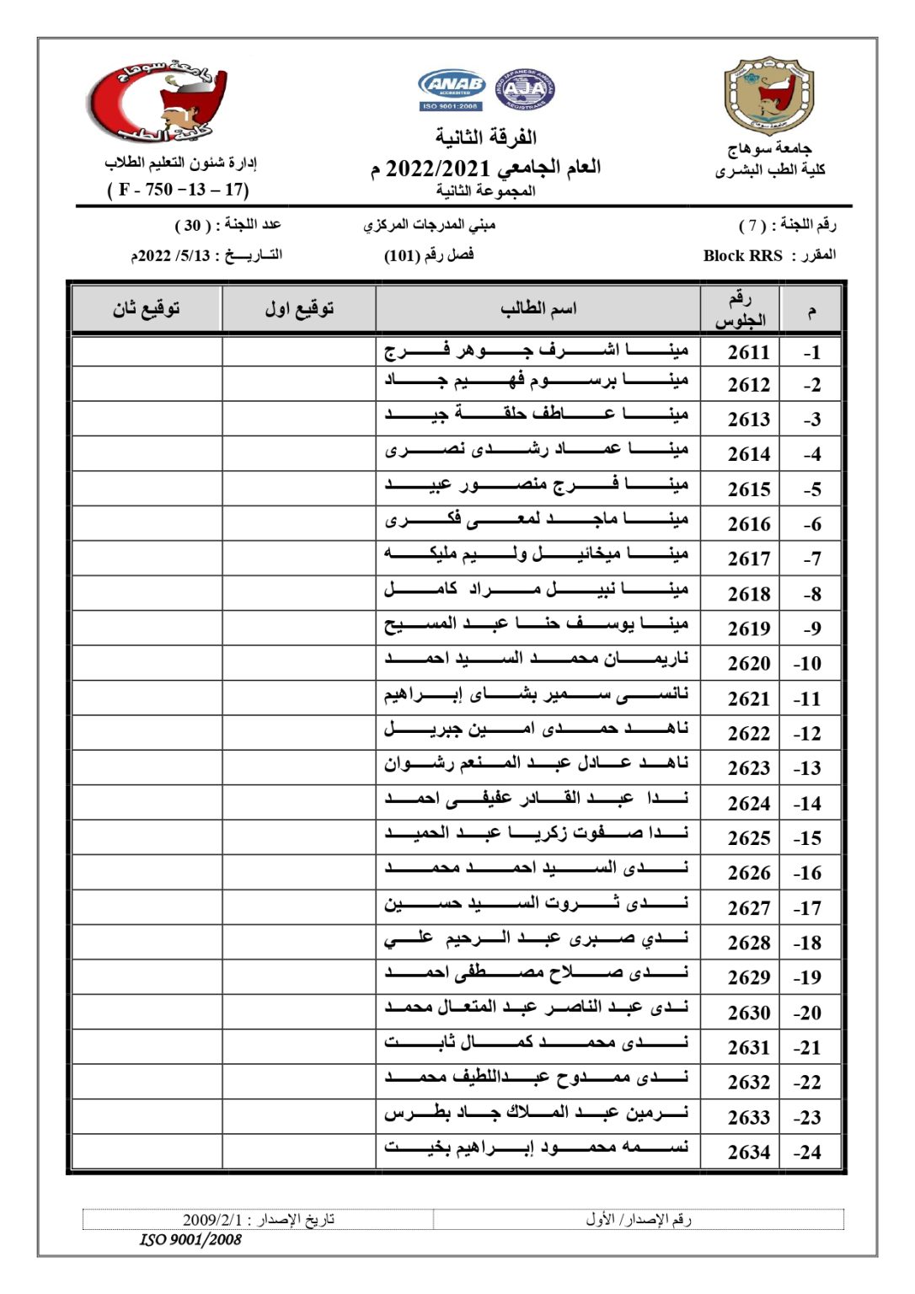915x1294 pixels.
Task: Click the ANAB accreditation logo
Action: (x=452, y=89)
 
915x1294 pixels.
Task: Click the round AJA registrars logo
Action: (x=525, y=89)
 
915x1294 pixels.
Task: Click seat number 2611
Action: (x=748, y=352)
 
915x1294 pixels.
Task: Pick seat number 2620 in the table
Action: (x=748, y=664)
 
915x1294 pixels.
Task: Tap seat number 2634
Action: (x=748, y=1152)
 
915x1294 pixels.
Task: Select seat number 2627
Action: (x=748, y=908)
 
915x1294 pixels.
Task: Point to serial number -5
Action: (x=811, y=489)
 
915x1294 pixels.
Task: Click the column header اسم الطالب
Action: (x=538, y=309)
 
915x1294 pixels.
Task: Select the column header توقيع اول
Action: (x=299, y=309)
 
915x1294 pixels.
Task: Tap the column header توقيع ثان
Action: (x=147, y=309)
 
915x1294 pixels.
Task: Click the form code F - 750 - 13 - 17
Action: (x=178, y=190)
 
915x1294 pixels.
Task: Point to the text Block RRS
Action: (x=742, y=255)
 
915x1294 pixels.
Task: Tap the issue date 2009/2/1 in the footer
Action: (x=211, y=1220)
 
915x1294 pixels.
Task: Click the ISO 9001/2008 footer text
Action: (x=190, y=1239)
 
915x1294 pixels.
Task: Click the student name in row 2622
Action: (x=537, y=729)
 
